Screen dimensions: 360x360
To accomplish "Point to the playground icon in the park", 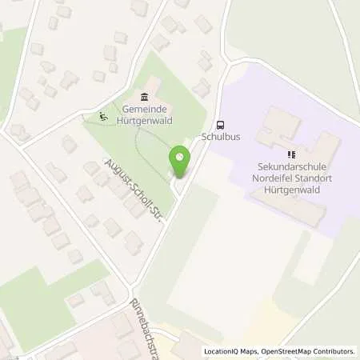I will (x=101, y=116).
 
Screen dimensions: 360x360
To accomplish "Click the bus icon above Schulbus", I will (x=221, y=125).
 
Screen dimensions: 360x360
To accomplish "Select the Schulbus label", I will (x=221, y=137).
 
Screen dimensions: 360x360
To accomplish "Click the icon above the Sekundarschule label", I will (x=290, y=154).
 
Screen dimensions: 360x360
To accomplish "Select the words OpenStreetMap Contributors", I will (x=310, y=351).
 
